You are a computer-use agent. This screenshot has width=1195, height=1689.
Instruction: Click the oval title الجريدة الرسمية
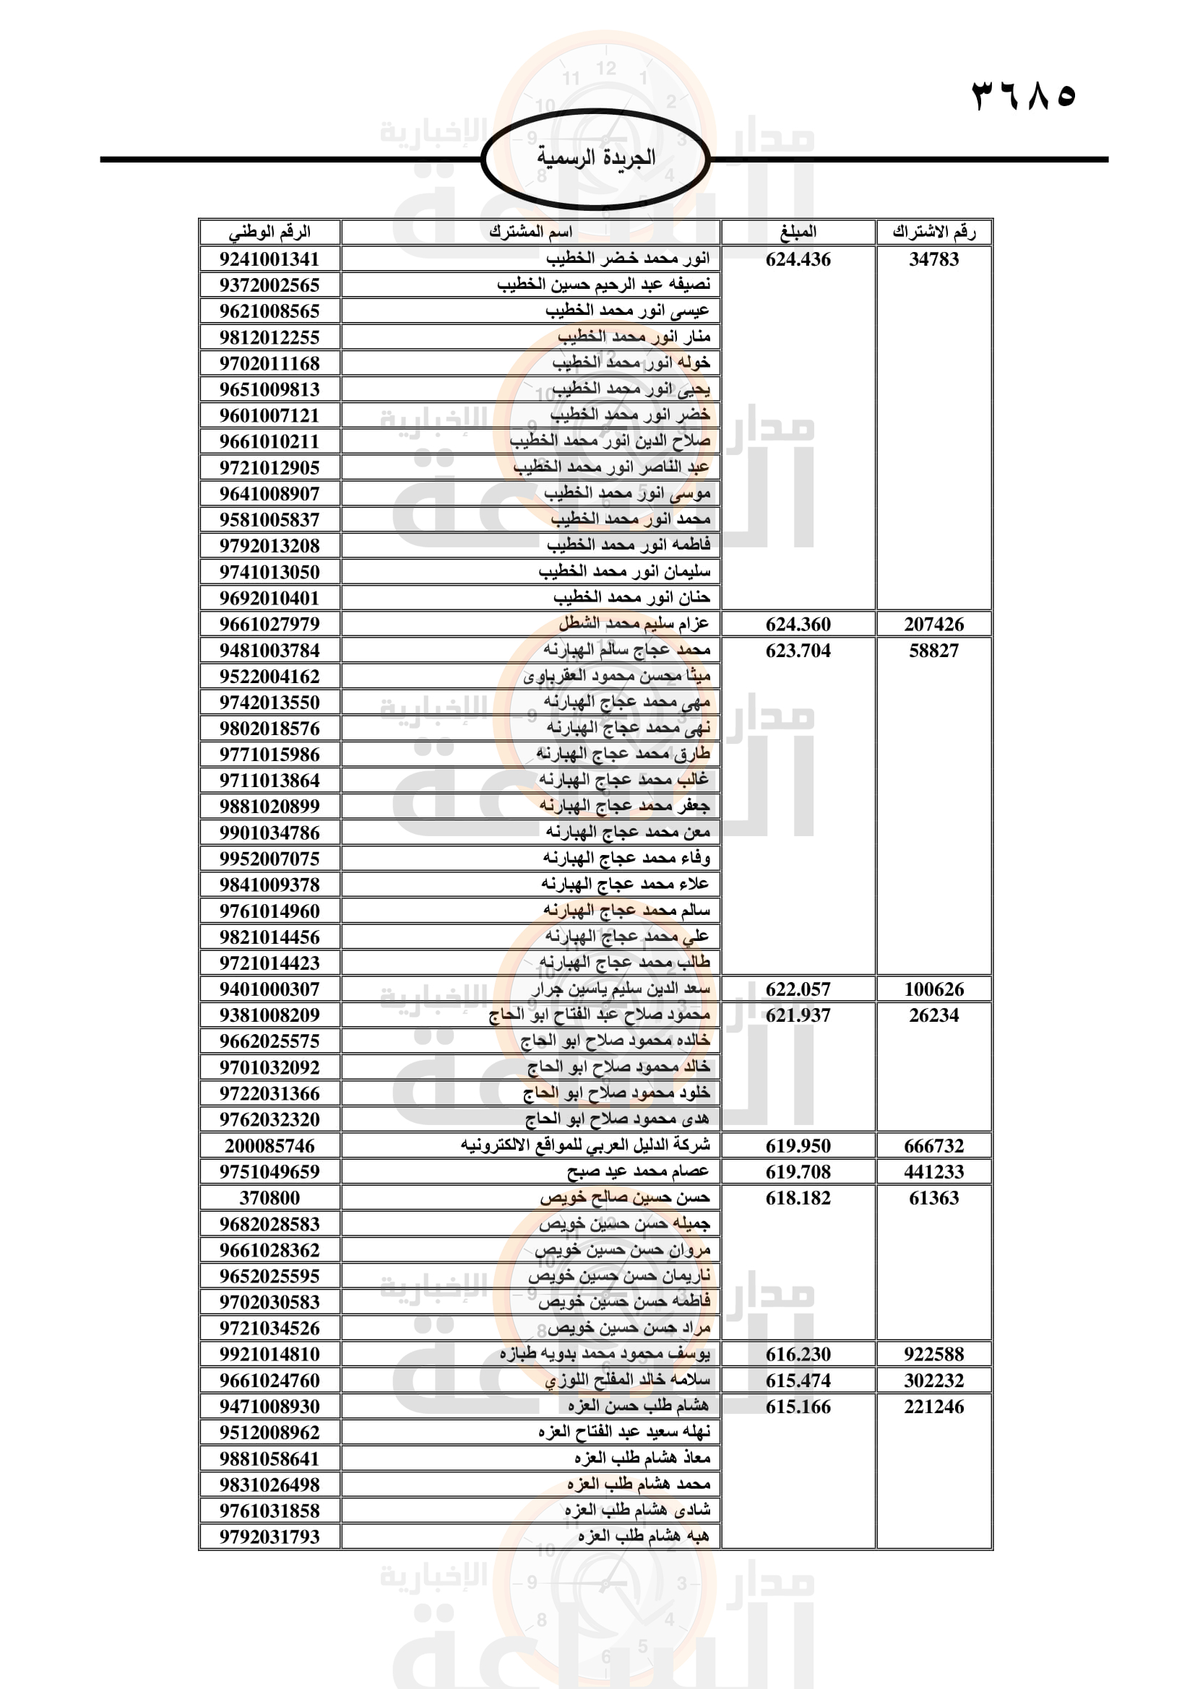pyautogui.click(x=595, y=158)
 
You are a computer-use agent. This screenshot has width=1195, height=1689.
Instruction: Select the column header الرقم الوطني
pyautogui.click(x=269, y=233)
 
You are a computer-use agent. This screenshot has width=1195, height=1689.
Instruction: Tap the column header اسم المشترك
pyautogui.click(x=530, y=233)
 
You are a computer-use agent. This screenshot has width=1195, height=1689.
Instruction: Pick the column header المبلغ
pyautogui.click(x=798, y=233)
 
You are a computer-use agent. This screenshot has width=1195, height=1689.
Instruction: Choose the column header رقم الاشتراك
pyautogui.click(x=933, y=233)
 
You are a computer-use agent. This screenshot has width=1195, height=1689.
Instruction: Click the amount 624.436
pyautogui.click(x=798, y=260)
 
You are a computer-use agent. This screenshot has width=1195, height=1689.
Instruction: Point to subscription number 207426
pyautogui.click(x=933, y=625)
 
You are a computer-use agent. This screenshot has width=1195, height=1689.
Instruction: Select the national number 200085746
pyautogui.click(x=269, y=1146)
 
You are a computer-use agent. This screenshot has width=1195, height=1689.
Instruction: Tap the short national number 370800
pyautogui.click(x=269, y=1199)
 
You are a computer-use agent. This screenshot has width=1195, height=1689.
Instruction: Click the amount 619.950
pyautogui.click(x=798, y=1146)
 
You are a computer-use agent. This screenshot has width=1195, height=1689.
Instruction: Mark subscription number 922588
pyautogui.click(x=933, y=1354)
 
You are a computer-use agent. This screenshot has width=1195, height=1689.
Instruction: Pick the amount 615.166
pyautogui.click(x=798, y=1407)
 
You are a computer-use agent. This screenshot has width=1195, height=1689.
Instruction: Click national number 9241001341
pyautogui.click(x=269, y=260)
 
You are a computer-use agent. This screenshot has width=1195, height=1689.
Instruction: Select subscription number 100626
pyautogui.click(x=933, y=989)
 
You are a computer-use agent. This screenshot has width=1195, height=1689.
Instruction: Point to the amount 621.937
pyautogui.click(x=798, y=1016)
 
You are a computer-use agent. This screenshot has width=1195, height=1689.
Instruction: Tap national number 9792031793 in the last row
pyautogui.click(x=269, y=1537)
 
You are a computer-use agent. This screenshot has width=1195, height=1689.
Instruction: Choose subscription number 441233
pyautogui.click(x=933, y=1172)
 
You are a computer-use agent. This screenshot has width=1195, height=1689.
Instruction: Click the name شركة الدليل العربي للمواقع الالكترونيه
pyautogui.click(x=586, y=1146)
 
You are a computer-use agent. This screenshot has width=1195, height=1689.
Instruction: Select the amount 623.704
pyautogui.click(x=798, y=651)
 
